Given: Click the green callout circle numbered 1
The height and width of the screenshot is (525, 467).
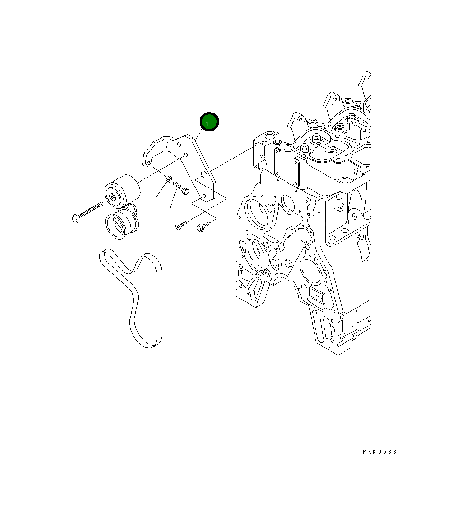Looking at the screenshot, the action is click(x=209, y=122).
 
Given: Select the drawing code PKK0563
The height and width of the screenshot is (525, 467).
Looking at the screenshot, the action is click(x=380, y=452).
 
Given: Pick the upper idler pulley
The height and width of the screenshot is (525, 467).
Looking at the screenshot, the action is click(x=122, y=191).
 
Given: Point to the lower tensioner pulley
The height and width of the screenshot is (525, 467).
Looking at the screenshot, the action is click(x=121, y=223).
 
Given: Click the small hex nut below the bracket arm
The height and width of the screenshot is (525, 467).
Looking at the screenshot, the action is click(x=170, y=179).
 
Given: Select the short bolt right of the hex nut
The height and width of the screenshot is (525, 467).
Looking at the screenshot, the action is click(x=181, y=187).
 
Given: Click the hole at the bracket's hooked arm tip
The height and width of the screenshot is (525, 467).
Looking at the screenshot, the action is click(x=148, y=164).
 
